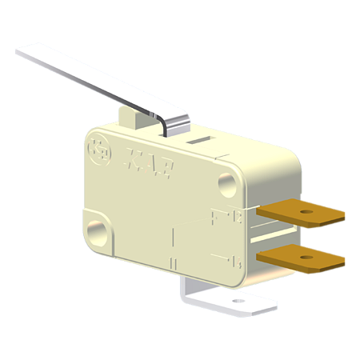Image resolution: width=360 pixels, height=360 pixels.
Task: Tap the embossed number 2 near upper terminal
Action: (238, 215)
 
